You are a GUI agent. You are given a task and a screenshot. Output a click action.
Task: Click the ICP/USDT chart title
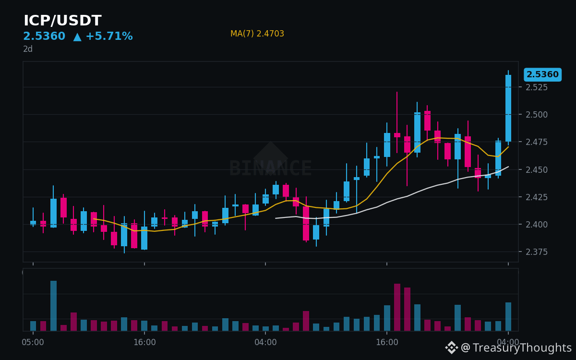(x=62, y=21)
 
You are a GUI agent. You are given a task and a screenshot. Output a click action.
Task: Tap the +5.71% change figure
(x=109, y=36)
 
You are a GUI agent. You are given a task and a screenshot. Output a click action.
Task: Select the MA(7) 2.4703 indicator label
(x=257, y=34)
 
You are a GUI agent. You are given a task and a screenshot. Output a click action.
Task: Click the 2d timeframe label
(x=28, y=49)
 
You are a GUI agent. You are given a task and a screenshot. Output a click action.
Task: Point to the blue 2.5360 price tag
(x=542, y=74)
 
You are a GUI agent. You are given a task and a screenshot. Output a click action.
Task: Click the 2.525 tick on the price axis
(x=537, y=87)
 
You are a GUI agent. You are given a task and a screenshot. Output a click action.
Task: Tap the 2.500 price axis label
(x=537, y=115)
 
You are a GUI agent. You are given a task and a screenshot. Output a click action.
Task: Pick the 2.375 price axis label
(x=537, y=252)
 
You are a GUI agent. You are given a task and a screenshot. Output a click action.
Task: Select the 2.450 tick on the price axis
(x=537, y=170)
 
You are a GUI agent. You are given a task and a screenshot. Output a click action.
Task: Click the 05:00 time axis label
(x=33, y=342)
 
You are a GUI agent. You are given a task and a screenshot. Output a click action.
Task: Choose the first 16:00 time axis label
(x=144, y=342)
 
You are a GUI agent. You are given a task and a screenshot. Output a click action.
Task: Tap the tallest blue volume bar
(x=53, y=306)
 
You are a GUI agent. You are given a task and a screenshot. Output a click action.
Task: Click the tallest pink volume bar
(x=397, y=307)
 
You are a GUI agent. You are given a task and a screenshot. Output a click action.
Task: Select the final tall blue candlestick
(x=508, y=108)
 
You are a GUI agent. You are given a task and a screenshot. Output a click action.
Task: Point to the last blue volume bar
(x=508, y=316)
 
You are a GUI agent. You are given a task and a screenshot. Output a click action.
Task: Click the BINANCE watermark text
(x=270, y=168)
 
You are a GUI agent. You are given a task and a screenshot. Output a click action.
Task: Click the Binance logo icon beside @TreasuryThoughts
(x=452, y=348)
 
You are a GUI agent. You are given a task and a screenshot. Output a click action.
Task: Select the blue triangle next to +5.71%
(x=77, y=37)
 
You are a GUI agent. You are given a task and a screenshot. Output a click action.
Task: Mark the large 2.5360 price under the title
(x=44, y=36)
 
